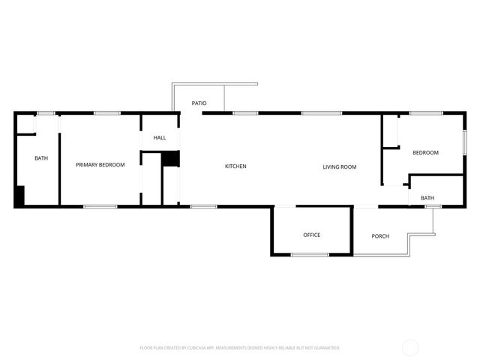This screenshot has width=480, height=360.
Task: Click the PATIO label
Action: (199, 103)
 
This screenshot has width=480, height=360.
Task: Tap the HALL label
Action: (160, 138)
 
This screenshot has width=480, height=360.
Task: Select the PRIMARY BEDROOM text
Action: (100, 165)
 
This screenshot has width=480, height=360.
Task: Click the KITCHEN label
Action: (235, 166)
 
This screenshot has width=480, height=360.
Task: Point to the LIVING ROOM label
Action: (340, 166)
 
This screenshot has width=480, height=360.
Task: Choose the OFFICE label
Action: (312, 235)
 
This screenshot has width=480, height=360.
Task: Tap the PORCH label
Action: (381, 236)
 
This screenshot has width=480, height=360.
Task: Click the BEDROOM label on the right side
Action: (425, 153)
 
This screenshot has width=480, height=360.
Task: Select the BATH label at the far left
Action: (41, 158)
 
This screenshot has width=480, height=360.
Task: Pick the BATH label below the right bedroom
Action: (427, 198)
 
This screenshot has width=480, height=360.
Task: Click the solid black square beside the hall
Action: (172, 159)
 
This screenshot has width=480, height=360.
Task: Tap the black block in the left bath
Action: (20, 196)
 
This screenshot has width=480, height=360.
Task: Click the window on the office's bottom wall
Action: (310, 255)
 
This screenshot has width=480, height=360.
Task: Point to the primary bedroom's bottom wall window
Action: (100, 206)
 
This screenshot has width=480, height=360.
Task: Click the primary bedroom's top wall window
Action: (107, 113)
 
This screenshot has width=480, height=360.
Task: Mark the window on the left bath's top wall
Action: (46, 113)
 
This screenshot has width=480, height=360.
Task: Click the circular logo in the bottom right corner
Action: (410, 347)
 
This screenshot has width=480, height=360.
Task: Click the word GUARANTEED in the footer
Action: (325, 348)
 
